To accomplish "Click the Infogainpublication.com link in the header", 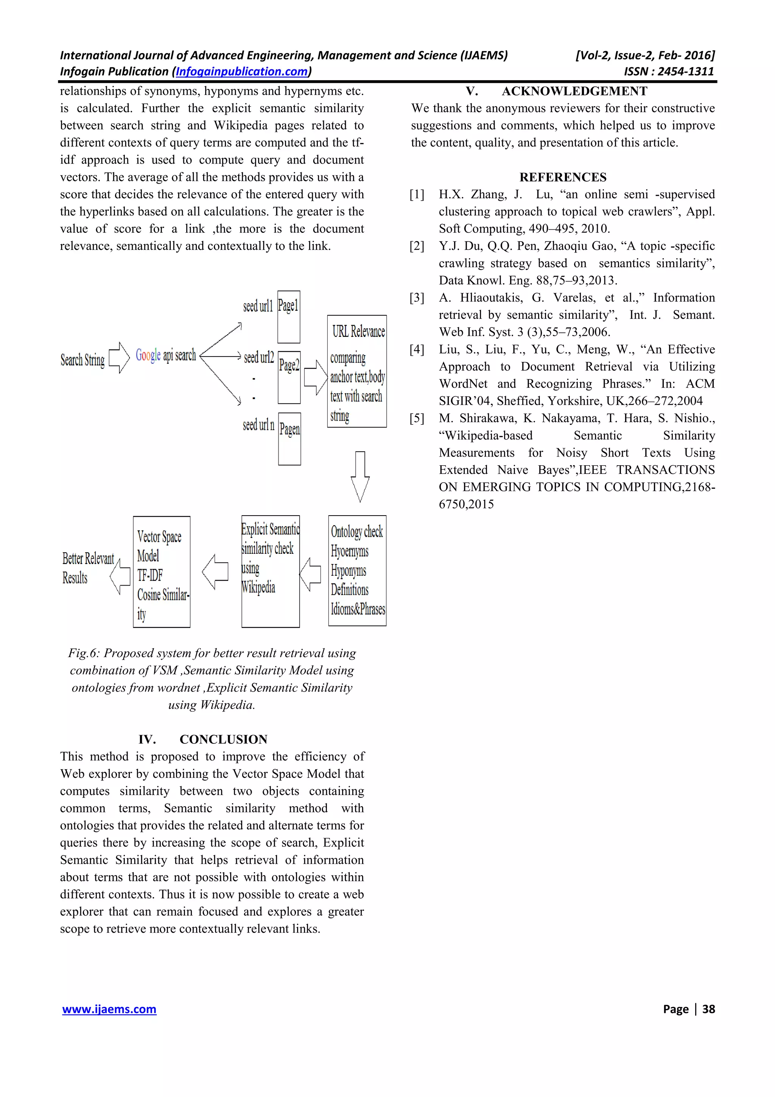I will (242, 72).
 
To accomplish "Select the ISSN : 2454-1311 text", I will (669, 72).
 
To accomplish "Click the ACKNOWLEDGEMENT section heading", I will (574, 91).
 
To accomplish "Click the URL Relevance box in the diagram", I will (357, 371).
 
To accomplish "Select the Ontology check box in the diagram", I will (357, 570).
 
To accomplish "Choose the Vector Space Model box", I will (162, 572).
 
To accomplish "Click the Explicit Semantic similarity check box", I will (270, 572).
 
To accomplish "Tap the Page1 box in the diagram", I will (288, 317).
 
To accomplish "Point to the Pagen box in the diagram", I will (289, 439).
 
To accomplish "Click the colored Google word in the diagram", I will (148, 355).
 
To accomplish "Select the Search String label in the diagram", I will (82, 360).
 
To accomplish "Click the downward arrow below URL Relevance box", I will (360, 476).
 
